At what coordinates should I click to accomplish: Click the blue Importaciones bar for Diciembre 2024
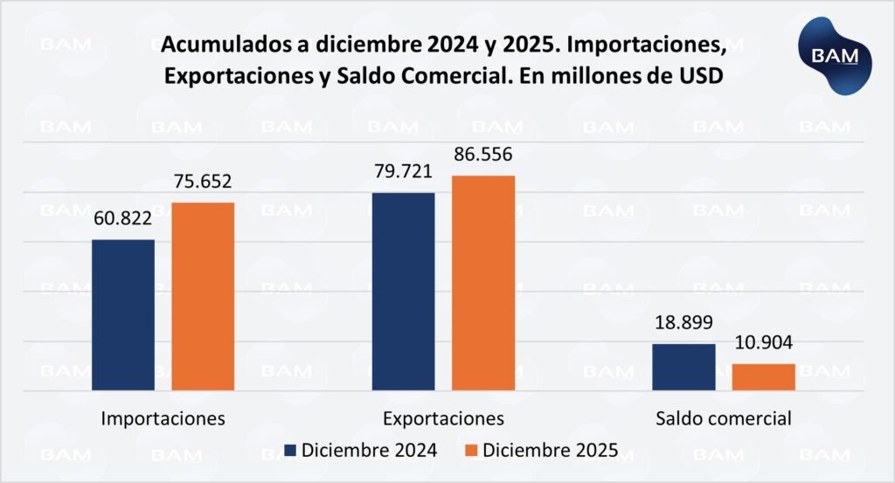123,314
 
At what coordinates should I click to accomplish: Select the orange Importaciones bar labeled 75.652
203,296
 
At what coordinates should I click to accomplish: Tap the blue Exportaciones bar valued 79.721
404,291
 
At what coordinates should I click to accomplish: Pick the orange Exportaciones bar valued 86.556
483,283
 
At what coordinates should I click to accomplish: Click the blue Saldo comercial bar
683,367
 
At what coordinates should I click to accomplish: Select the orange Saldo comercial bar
764,376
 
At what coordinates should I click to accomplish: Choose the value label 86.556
482,155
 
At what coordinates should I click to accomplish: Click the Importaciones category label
163,417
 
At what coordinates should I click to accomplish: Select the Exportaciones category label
443,417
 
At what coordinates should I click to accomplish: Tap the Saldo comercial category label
724,417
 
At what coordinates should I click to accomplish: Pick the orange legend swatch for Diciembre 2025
472,451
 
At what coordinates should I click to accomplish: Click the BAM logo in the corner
836,54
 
